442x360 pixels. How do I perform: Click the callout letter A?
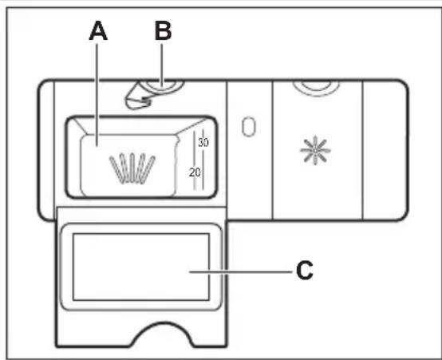pos(98,31)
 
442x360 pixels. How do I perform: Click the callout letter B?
pos(164,31)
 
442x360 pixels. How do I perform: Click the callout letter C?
pos(305,271)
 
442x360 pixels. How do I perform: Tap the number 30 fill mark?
pos(203,142)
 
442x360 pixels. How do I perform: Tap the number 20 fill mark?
pos(195,172)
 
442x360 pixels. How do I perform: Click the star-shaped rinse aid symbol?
pos(315,150)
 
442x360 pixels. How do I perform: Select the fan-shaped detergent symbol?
pos(132,168)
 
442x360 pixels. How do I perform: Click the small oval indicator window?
pos(249,127)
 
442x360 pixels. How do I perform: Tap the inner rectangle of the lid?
pos(141,267)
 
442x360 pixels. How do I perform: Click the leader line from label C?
pos(241,272)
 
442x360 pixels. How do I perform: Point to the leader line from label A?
pos(97,95)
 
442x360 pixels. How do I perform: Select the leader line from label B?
pos(162,65)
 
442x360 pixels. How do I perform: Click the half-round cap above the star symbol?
pos(316,88)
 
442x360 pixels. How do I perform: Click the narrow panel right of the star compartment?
pos(385,150)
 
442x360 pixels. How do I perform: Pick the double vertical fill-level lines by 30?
pos(199,160)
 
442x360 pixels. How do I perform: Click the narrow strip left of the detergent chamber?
pos(46,150)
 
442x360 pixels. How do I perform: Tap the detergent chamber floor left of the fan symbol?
pos(94,167)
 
